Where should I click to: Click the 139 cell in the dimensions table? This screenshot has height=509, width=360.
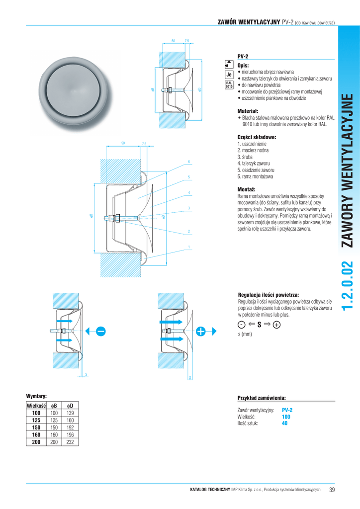(70, 413)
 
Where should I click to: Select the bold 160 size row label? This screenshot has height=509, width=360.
(36, 434)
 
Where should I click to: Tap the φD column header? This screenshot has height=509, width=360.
(70, 406)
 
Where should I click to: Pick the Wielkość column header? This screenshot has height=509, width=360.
(36, 406)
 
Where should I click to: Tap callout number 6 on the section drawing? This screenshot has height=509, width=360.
(189, 162)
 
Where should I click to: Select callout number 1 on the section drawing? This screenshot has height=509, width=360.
(189, 248)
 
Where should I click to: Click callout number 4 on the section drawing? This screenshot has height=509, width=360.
(189, 192)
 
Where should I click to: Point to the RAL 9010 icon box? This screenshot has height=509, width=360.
(229, 85)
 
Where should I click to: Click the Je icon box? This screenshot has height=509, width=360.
(229, 75)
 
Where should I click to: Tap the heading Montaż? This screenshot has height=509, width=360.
(247, 189)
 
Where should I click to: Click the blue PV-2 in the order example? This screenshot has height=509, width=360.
(287, 410)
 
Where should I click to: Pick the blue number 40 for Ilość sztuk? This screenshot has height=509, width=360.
(285, 424)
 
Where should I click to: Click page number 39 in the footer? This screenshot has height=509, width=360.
(332, 490)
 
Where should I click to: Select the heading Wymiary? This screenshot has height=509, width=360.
(36, 396)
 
